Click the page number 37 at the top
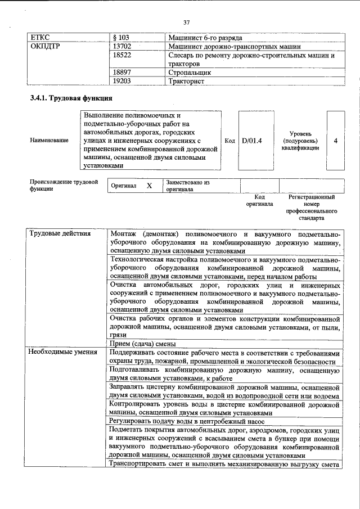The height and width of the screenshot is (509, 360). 187,22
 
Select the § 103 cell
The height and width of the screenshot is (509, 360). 121,38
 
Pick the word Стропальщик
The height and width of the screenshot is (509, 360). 190,73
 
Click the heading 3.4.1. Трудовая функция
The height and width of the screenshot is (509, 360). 66,99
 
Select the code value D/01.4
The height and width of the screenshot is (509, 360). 252,140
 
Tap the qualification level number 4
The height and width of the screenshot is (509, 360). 335,140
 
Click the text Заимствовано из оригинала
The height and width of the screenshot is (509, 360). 187,186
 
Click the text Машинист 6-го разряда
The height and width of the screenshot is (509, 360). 205,38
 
